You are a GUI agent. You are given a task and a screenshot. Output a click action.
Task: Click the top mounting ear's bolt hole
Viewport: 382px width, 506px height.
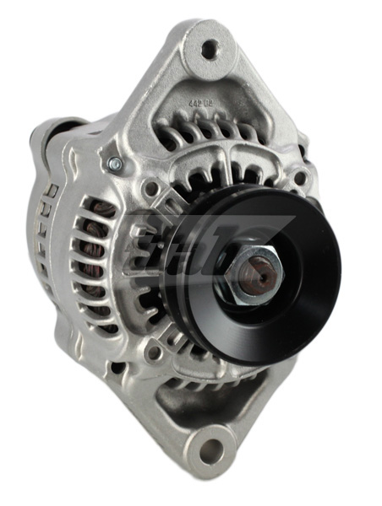click(207, 49)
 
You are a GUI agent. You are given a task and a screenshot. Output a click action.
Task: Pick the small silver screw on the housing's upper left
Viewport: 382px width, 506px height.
click(115, 163)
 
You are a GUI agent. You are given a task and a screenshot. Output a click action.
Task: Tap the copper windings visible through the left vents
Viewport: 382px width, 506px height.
click(99, 253)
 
